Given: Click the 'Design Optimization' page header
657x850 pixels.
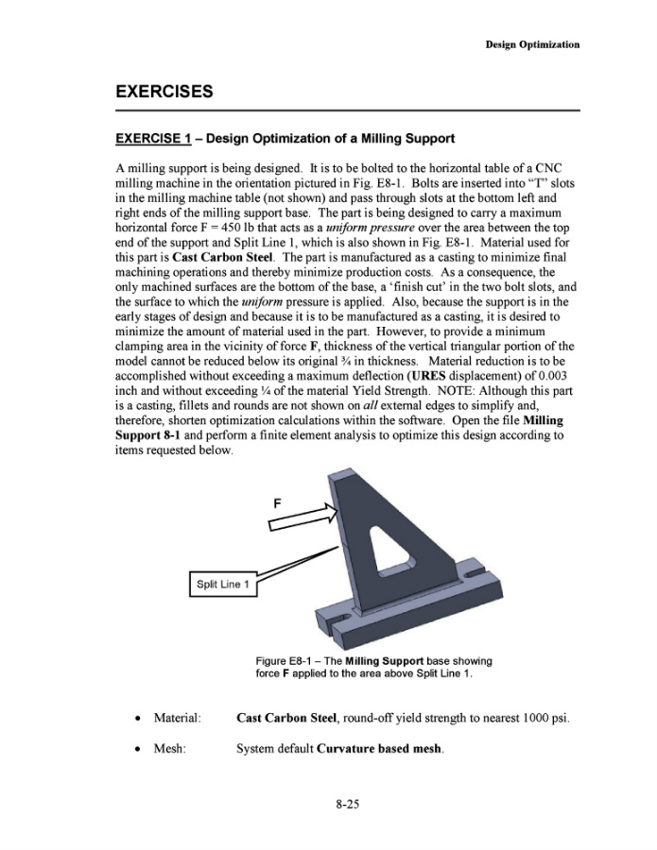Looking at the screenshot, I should (532, 44).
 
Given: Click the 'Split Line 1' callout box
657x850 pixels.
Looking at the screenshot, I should (222, 585).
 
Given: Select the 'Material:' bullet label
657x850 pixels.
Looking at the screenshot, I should (177, 719).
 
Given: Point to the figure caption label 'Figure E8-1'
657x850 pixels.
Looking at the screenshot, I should (285, 661).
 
